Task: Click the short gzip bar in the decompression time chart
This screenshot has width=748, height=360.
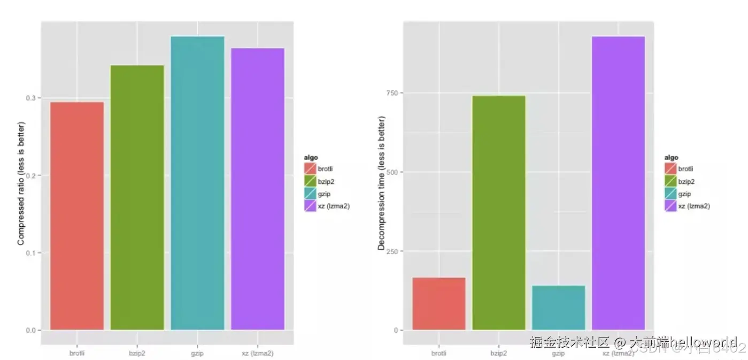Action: pyautogui.click(x=558, y=308)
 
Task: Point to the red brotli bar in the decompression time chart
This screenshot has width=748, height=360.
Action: pyautogui.click(x=438, y=303)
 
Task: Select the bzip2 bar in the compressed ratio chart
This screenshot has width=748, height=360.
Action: pyautogui.click(x=137, y=197)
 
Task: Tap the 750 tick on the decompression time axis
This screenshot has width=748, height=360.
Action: pyautogui.click(x=394, y=93)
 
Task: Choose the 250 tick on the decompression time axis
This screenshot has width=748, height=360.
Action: pyautogui.click(x=394, y=251)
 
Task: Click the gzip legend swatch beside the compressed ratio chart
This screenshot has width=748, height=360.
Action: pyautogui.click(x=310, y=194)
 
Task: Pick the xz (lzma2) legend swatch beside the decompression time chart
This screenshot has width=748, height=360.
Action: pyautogui.click(x=671, y=205)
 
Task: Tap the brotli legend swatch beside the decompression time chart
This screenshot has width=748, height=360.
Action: pyautogui.click(x=671, y=168)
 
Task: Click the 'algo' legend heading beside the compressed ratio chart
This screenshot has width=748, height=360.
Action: pyautogui.click(x=311, y=158)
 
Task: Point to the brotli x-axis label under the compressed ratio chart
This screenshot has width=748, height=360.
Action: pyautogui.click(x=76, y=353)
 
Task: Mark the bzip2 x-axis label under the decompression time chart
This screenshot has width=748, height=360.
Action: pyautogui.click(x=498, y=353)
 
